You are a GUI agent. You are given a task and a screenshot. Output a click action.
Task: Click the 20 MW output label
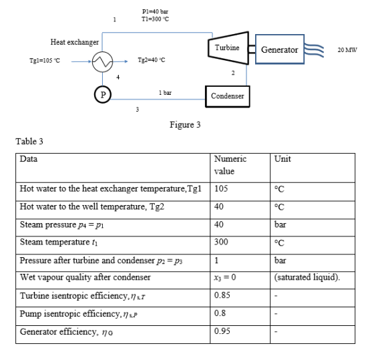347,50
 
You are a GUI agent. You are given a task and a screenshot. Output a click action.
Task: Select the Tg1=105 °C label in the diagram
45,61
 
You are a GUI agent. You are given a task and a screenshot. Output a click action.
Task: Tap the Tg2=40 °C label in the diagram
152,60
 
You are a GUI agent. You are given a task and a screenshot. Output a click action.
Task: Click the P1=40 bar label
155,11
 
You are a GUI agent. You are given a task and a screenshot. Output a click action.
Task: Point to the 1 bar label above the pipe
165,93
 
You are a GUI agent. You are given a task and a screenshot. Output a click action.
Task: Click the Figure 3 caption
185,125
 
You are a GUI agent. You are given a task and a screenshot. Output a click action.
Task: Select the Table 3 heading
29,141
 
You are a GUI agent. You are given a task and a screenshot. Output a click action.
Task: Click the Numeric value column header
230,165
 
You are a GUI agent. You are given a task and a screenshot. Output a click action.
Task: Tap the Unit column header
283,159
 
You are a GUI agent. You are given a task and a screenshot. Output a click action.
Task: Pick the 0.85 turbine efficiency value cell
222,295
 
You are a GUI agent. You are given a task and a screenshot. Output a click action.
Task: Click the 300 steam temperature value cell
221,242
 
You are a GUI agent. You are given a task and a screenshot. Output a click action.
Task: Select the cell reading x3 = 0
225,277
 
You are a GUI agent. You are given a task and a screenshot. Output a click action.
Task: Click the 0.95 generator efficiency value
222,331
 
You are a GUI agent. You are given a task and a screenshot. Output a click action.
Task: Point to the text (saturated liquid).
307,277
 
